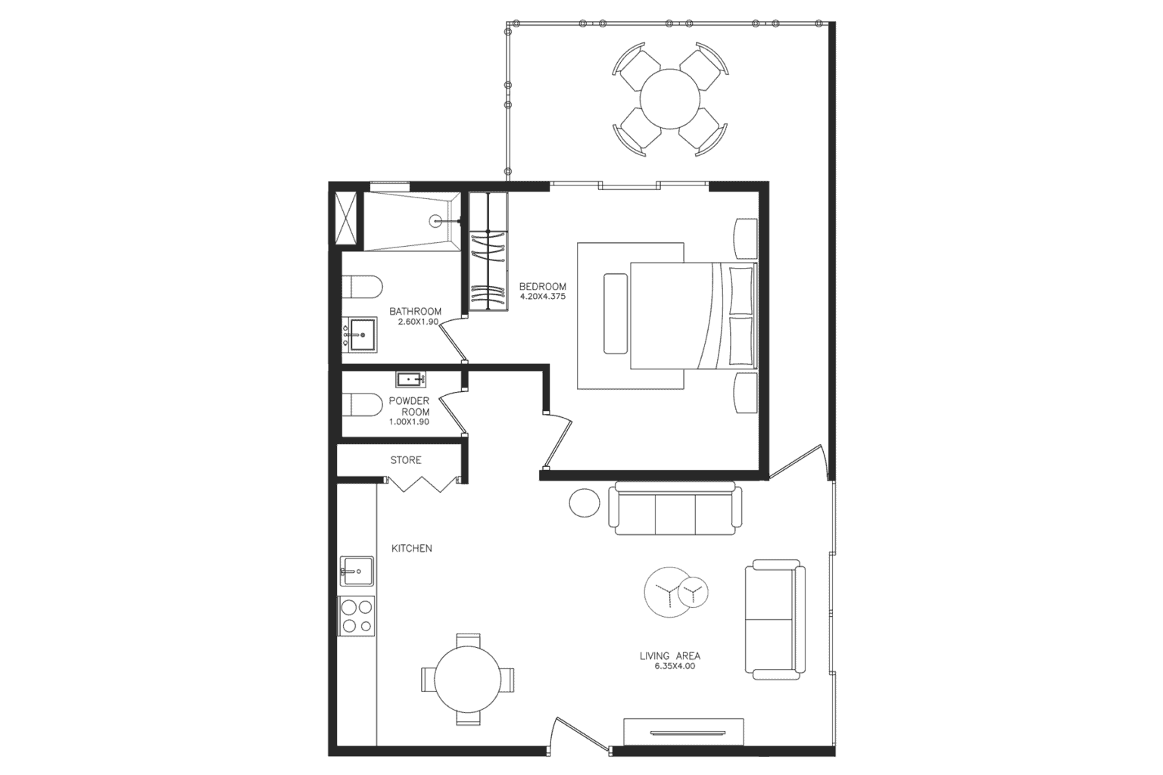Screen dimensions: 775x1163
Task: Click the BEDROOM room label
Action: (x=542, y=286)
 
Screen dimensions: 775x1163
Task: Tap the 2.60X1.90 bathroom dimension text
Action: (x=418, y=322)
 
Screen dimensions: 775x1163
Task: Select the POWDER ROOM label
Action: (x=410, y=406)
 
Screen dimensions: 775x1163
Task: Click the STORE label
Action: (x=406, y=459)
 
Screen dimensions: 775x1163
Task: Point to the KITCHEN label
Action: (x=411, y=548)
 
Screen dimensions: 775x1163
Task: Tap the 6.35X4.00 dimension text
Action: (x=675, y=667)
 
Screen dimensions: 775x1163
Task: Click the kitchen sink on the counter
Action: (x=356, y=571)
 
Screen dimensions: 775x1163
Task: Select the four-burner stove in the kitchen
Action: (x=356, y=615)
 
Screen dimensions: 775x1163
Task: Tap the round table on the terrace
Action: (x=670, y=100)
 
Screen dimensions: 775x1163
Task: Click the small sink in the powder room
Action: (x=410, y=379)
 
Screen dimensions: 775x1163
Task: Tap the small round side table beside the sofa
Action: (x=584, y=503)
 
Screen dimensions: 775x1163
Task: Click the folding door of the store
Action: (x=422, y=484)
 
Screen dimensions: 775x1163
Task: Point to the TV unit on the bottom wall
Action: (x=683, y=732)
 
